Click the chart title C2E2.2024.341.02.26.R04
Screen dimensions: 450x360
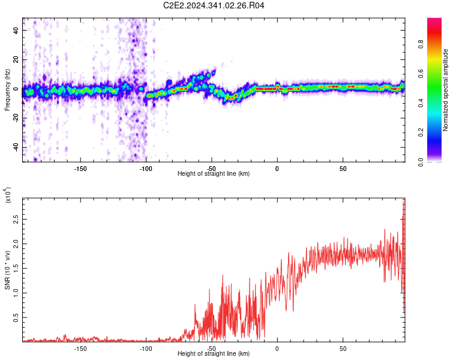(x=214, y=5)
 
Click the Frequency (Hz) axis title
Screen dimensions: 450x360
(x=7, y=89)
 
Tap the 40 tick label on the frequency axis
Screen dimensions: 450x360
(x=16, y=30)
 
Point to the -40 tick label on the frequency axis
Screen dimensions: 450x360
(x=16, y=147)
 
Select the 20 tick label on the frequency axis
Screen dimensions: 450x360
(x=16, y=60)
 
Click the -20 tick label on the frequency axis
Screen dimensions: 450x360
(x=16, y=118)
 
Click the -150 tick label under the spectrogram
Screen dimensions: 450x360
(x=80, y=169)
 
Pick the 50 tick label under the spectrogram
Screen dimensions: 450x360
(x=343, y=169)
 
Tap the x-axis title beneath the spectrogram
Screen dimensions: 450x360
(x=214, y=173)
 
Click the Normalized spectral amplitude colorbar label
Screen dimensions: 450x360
(x=445, y=90)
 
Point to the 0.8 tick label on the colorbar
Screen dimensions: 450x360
(x=421, y=44)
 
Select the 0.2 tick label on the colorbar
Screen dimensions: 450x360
(x=421, y=133)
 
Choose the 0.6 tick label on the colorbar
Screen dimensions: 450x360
(x=421, y=73)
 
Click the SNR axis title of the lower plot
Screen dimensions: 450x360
(x=7, y=270)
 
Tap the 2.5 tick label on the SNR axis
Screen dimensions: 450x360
(x=16, y=220)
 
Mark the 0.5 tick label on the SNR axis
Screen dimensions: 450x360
(x=16, y=317)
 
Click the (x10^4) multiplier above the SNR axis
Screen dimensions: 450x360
(x=8, y=195)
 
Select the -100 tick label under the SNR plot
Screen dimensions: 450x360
(x=146, y=349)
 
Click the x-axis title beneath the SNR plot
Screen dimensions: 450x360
(x=214, y=353)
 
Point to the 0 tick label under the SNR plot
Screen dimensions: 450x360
(x=277, y=349)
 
